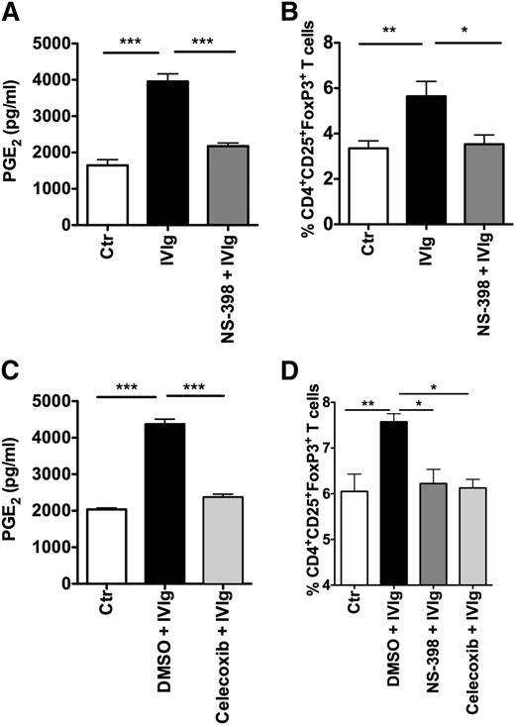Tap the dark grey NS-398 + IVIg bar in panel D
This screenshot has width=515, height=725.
434,539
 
